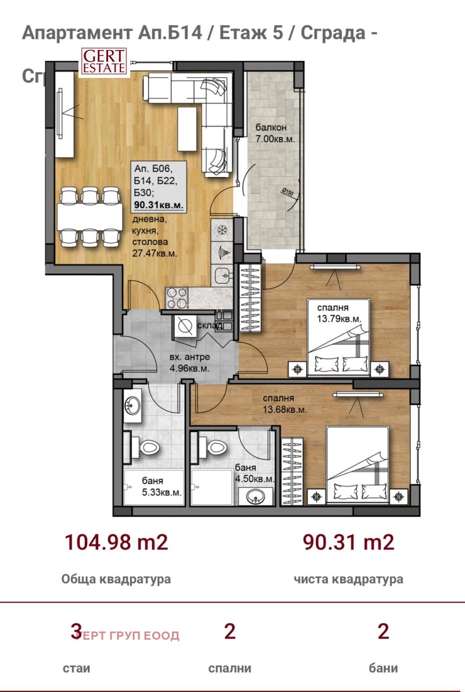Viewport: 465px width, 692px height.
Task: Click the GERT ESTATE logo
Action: pyautogui.click(x=103, y=61)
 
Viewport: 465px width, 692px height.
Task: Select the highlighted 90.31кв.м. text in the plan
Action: pyautogui.click(x=159, y=205)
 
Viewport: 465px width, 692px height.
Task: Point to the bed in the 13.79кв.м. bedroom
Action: pyautogui.click(x=339, y=337)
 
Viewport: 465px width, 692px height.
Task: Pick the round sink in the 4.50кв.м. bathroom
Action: pyautogui.click(x=256, y=497)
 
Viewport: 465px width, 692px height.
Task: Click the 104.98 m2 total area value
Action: pyautogui.click(x=116, y=543)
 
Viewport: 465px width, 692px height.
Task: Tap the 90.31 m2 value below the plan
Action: pyautogui.click(x=348, y=543)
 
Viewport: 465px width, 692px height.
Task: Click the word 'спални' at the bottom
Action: pyautogui.click(x=230, y=668)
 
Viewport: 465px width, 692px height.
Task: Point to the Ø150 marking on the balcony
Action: pyautogui.click(x=286, y=191)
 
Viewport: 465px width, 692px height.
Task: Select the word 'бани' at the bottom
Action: pyautogui.click(x=382, y=668)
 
